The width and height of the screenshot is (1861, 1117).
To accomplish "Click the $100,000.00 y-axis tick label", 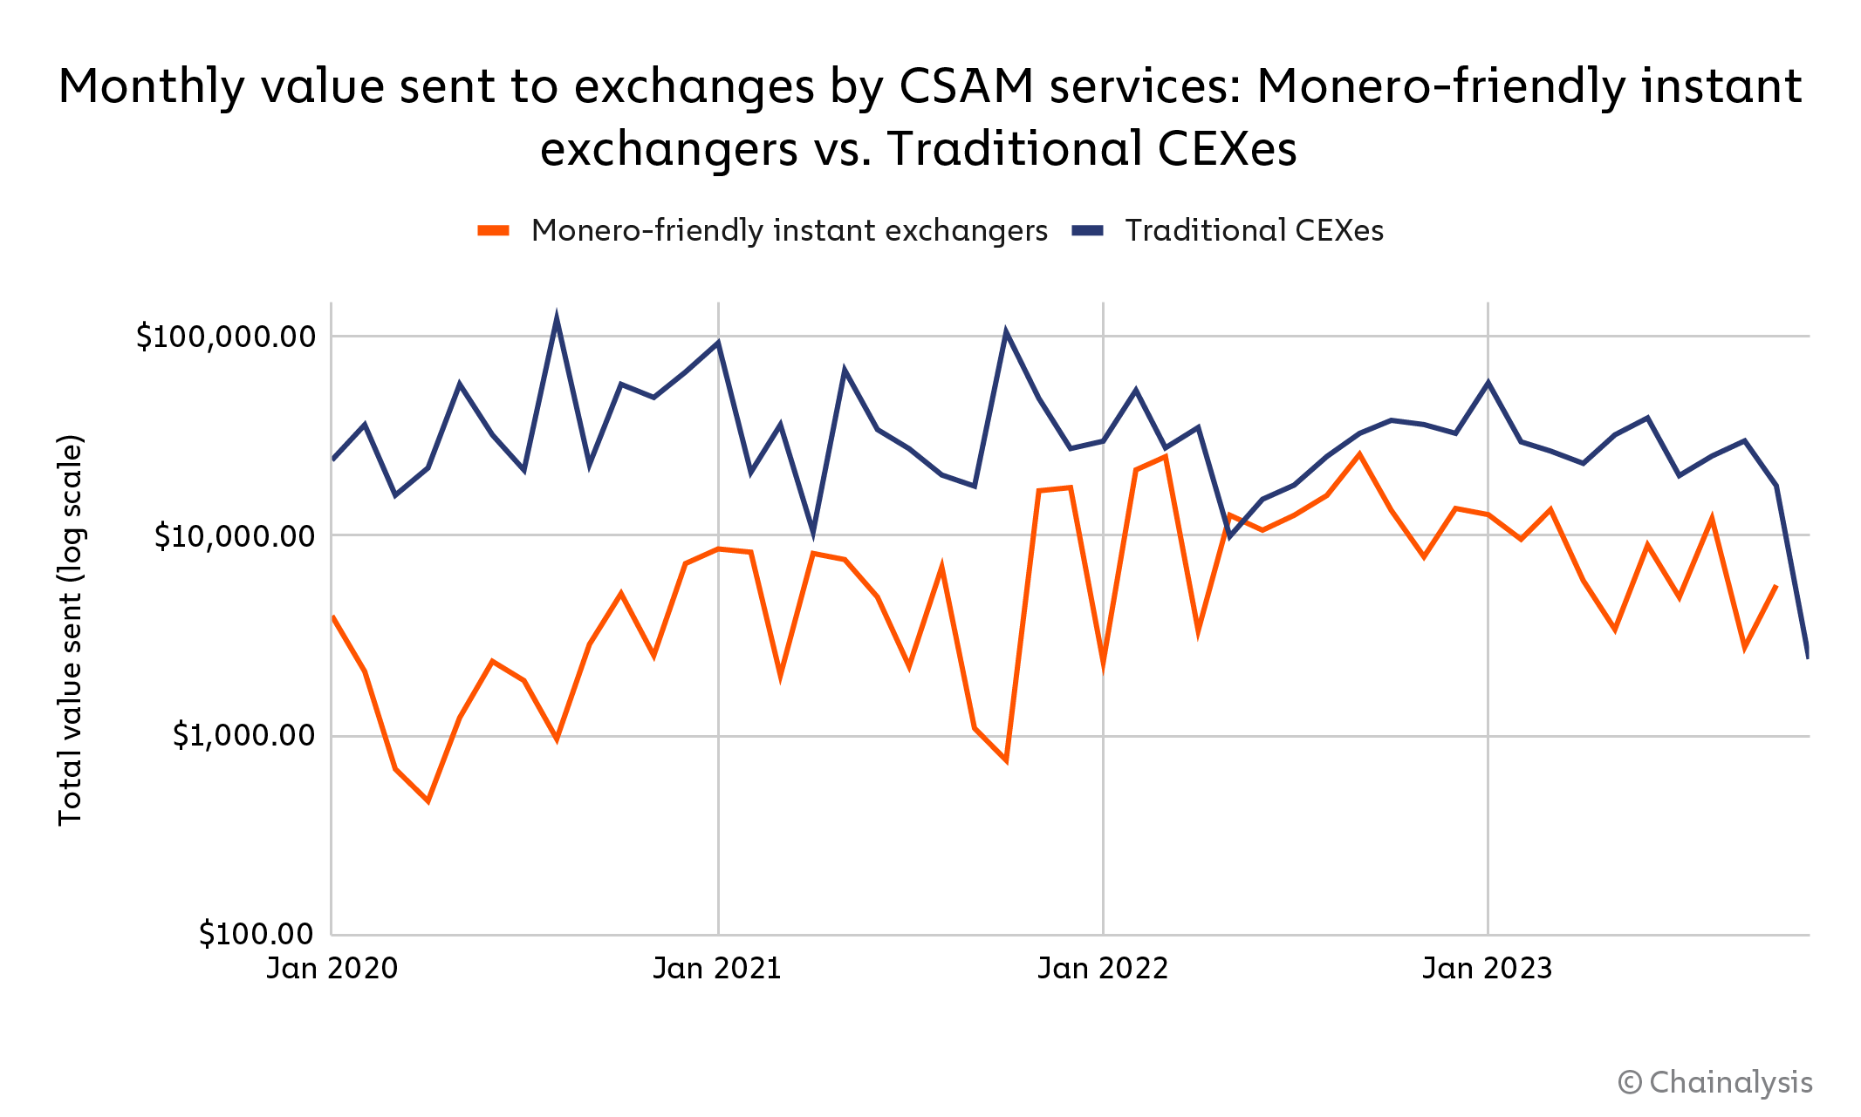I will click(x=225, y=337).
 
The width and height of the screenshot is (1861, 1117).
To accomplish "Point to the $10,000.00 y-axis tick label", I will click(x=234, y=536).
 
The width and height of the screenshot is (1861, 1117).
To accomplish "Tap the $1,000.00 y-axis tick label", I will click(x=243, y=736).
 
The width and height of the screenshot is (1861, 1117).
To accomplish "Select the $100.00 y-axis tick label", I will click(x=256, y=934).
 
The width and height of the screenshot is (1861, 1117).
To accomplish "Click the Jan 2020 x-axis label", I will click(x=332, y=969).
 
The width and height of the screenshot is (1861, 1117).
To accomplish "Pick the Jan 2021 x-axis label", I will click(x=717, y=969).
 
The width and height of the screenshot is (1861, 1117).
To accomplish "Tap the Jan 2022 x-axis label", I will click(x=1103, y=969).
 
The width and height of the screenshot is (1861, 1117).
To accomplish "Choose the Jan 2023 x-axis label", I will click(x=1488, y=969).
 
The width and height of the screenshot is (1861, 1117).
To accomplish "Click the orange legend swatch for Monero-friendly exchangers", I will click(x=493, y=231).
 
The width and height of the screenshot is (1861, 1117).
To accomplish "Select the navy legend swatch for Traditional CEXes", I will click(x=1087, y=231).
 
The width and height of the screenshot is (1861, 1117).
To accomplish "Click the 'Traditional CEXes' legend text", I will click(x=1254, y=231).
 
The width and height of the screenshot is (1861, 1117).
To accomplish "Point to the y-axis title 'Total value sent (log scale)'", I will click(x=70, y=630).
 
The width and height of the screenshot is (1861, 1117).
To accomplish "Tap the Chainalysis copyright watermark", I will click(x=1715, y=1082).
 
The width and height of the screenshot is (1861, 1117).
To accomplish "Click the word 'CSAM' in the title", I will click(x=966, y=87).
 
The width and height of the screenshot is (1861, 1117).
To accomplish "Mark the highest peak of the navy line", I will click(x=557, y=319).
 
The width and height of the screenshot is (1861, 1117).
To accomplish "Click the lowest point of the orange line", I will click(x=428, y=800).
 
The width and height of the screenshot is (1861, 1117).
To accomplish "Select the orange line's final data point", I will click(x=1776, y=585).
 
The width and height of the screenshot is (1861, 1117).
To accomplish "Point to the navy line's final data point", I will click(x=1808, y=656).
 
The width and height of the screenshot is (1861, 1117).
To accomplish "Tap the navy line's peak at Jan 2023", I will click(x=1488, y=383).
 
